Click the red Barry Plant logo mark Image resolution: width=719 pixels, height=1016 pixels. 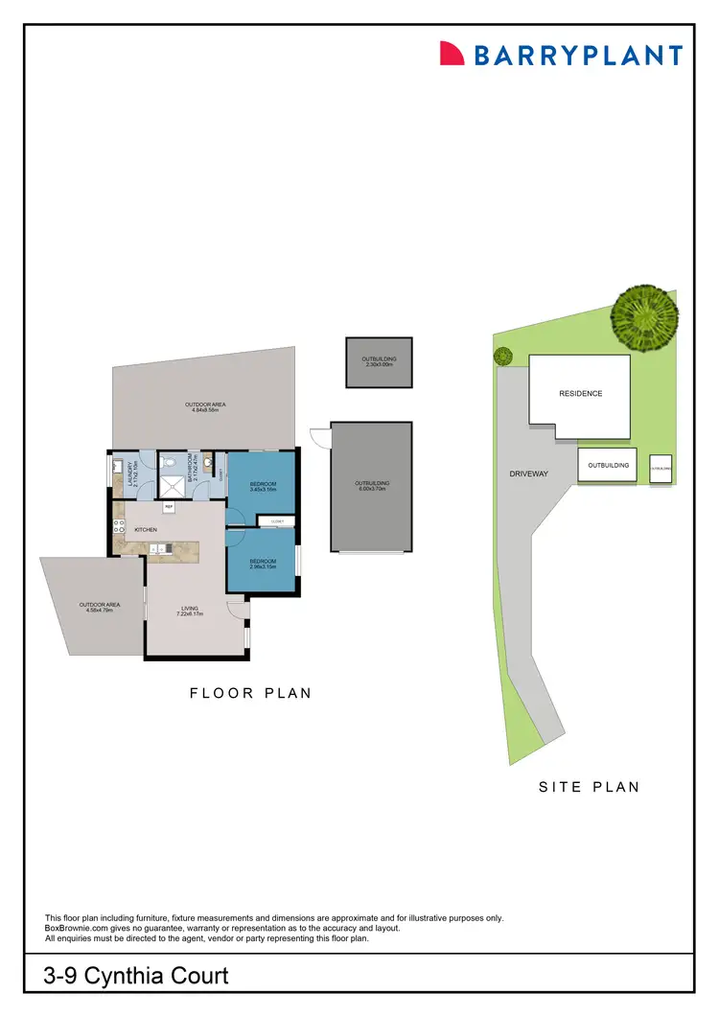(x=452, y=54)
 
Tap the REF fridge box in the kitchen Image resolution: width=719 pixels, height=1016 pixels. (x=169, y=506)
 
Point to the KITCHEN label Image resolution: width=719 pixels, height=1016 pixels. (x=146, y=529)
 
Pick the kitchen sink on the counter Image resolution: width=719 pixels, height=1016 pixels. (x=157, y=548)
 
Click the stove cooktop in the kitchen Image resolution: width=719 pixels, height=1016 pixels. (x=119, y=527)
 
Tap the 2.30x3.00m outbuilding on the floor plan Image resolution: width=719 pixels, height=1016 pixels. (x=379, y=361)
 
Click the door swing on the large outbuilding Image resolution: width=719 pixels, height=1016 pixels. (x=320, y=438)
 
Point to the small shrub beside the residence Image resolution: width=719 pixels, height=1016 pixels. (x=503, y=357)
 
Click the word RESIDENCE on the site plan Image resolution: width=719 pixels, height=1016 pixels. (x=580, y=394)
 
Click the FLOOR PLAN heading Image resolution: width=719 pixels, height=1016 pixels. (x=250, y=693)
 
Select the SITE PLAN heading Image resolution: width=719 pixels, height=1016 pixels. (x=589, y=787)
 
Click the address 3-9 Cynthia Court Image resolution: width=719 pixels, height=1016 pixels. (x=136, y=977)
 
